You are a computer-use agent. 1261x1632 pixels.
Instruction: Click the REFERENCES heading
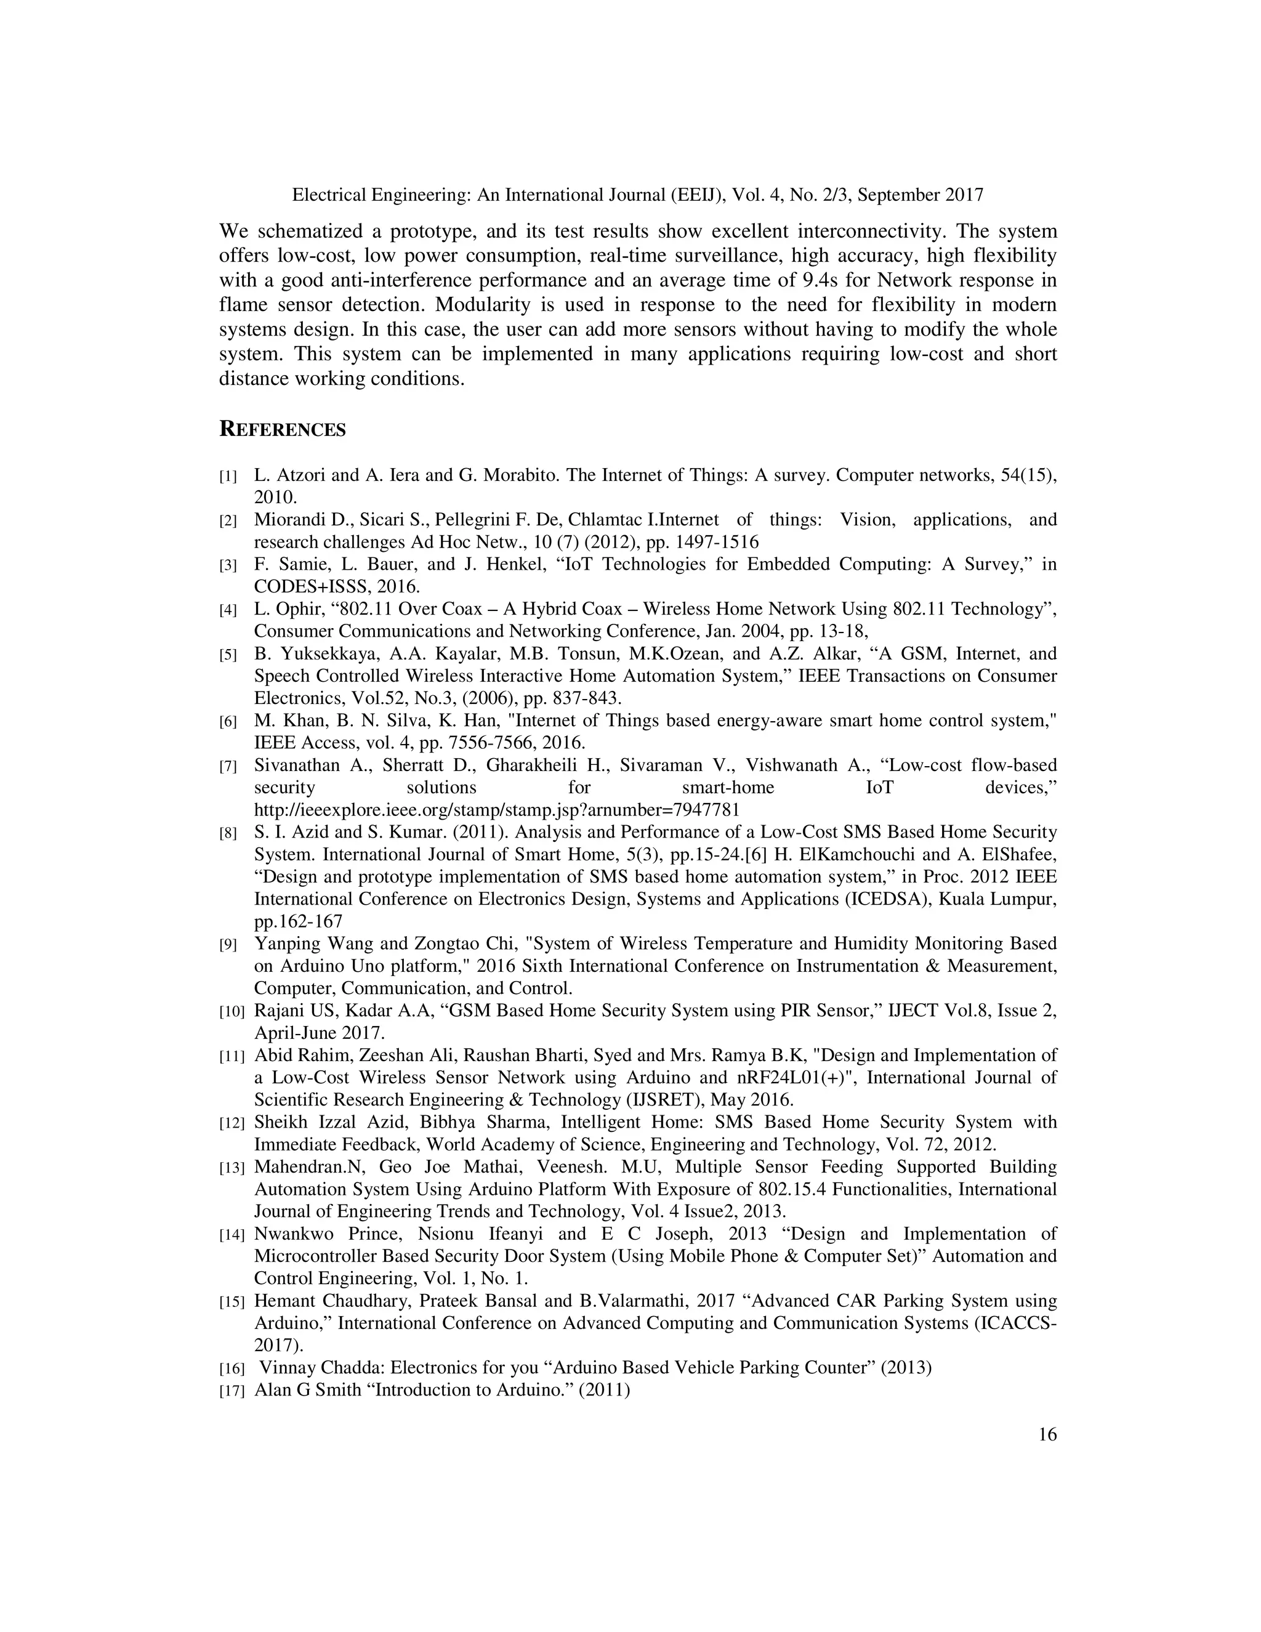click(283, 430)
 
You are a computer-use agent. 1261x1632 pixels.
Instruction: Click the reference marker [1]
click(228, 476)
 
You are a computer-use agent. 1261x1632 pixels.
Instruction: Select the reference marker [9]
click(228, 945)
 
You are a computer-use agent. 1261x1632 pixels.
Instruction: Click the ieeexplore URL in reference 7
click(497, 809)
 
